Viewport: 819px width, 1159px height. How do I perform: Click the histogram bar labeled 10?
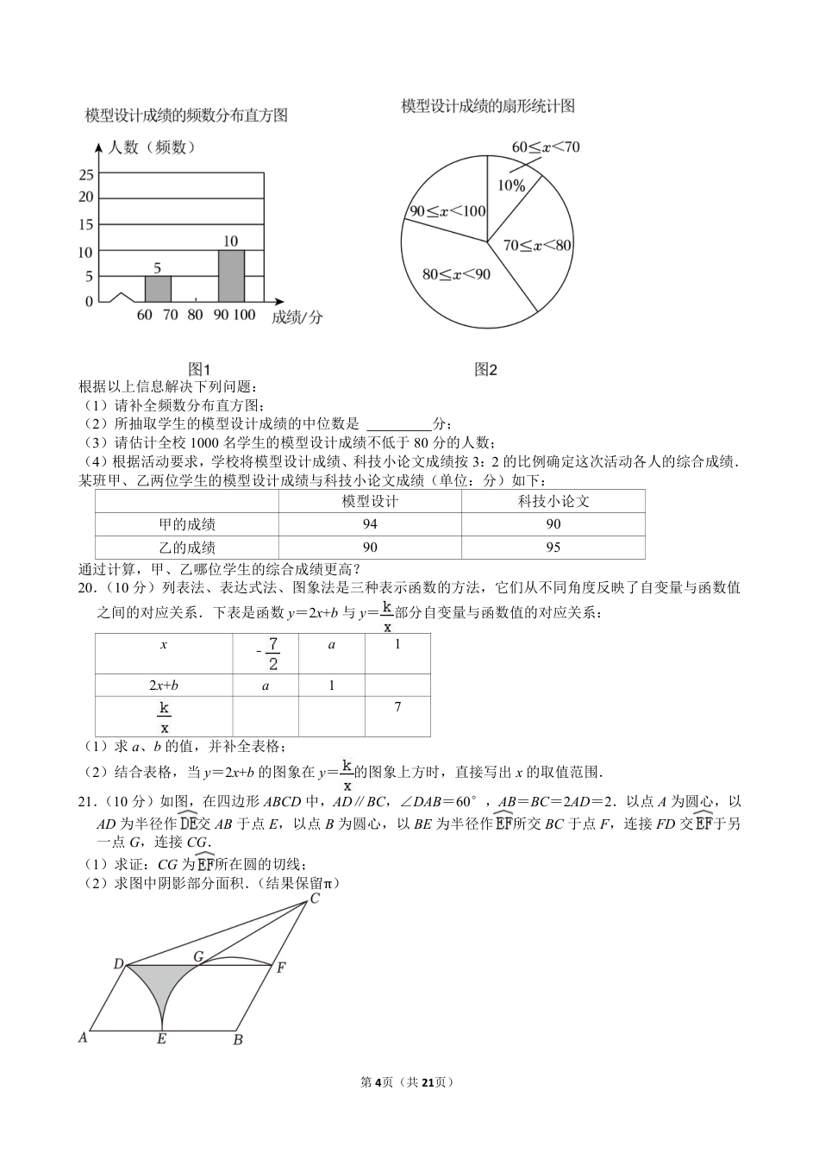(231, 276)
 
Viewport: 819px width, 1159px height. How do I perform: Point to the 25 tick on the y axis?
(86, 175)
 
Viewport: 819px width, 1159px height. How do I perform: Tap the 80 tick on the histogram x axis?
(195, 315)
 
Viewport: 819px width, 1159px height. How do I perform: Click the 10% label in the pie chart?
(511, 185)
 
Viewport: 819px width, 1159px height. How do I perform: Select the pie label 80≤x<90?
(456, 274)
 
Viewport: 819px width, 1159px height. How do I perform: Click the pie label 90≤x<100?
(447, 211)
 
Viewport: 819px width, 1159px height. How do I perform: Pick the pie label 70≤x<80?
(537, 246)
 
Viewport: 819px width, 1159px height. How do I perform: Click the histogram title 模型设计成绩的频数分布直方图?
(186, 115)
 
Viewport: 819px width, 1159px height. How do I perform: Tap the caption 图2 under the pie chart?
(486, 370)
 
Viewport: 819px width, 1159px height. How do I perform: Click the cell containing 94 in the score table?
(370, 524)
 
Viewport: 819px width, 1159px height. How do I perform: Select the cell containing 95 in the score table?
(553, 548)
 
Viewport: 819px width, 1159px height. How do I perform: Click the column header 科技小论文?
(553, 501)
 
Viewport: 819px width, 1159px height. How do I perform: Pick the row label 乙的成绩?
(187, 548)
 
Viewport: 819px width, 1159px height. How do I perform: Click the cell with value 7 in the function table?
(397, 707)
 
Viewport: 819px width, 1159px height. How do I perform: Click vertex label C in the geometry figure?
(315, 899)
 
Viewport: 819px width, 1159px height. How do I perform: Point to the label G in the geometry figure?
(197, 955)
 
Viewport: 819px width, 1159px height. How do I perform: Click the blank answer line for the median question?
(398, 423)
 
